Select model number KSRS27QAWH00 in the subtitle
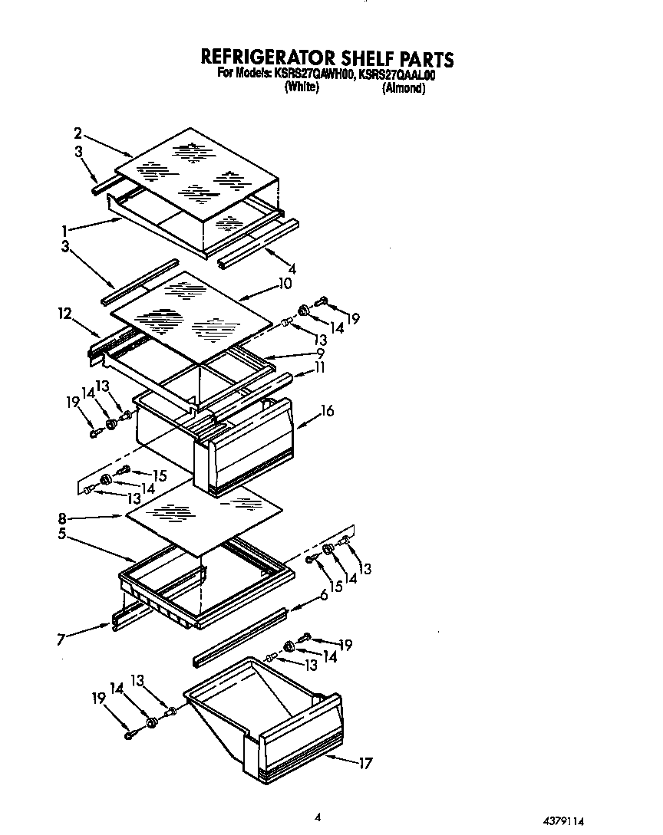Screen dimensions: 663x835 pyautogui.click(x=311, y=74)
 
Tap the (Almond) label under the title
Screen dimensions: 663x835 pyautogui.click(x=404, y=88)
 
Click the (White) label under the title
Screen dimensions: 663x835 pyautogui.click(x=302, y=88)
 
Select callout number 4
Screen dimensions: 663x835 pyautogui.click(x=292, y=269)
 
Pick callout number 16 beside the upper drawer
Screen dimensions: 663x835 pyautogui.click(x=328, y=411)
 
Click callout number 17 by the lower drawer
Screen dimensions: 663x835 pyautogui.click(x=366, y=762)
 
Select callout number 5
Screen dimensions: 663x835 pyautogui.click(x=61, y=534)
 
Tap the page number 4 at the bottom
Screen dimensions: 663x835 pyautogui.click(x=318, y=817)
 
